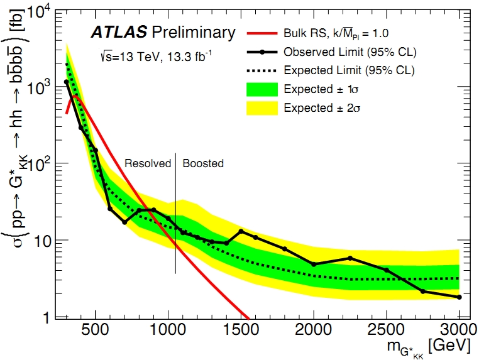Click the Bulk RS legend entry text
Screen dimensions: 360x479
click(x=333, y=32)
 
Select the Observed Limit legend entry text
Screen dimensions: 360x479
click(x=351, y=51)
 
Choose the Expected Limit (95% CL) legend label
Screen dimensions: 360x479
click(x=350, y=70)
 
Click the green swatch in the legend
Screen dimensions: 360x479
click(x=263, y=89)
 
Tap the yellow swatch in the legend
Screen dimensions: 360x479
click(x=263, y=107)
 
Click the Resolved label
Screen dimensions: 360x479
click(x=148, y=163)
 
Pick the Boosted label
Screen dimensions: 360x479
click(x=203, y=163)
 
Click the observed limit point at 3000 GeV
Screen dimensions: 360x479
click(x=460, y=297)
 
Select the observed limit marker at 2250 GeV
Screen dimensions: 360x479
click(x=350, y=258)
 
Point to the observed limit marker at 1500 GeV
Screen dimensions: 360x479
click(x=241, y=231)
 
